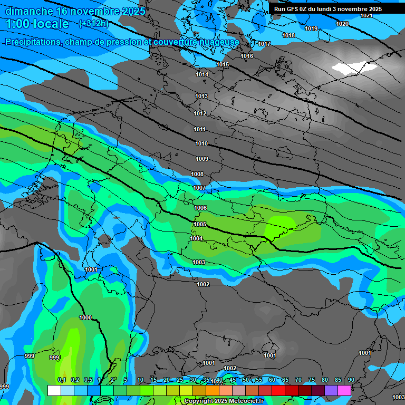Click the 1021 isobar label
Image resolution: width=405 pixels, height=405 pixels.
(x=366, y=15)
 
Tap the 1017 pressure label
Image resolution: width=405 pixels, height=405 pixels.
(x=264, y=44)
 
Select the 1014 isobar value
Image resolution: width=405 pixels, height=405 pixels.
(x=202, y=75)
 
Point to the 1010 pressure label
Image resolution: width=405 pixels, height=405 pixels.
(x=201, y=143)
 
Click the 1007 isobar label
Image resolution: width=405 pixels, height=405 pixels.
(x=199, y=188)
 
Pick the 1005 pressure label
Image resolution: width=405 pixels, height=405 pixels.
(x=199, y=224)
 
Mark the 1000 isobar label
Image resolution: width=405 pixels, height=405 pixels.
(x=85, y=317)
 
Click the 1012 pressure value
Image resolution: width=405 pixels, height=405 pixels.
(x=200, y=114)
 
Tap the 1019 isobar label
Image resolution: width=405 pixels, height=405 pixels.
(x=311, y=28)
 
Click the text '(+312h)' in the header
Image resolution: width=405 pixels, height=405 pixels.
(x=94, y=24)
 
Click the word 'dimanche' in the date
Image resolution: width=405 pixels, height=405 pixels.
(x=29, y=11)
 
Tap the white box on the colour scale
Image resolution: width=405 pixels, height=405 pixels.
(x=54, y=390)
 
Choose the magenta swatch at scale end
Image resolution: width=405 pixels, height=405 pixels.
(x=344, y=390)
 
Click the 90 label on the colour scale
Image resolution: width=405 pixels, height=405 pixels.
(x=351, y=380)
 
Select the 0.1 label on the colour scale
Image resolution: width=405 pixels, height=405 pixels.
(x=61, y=380)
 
